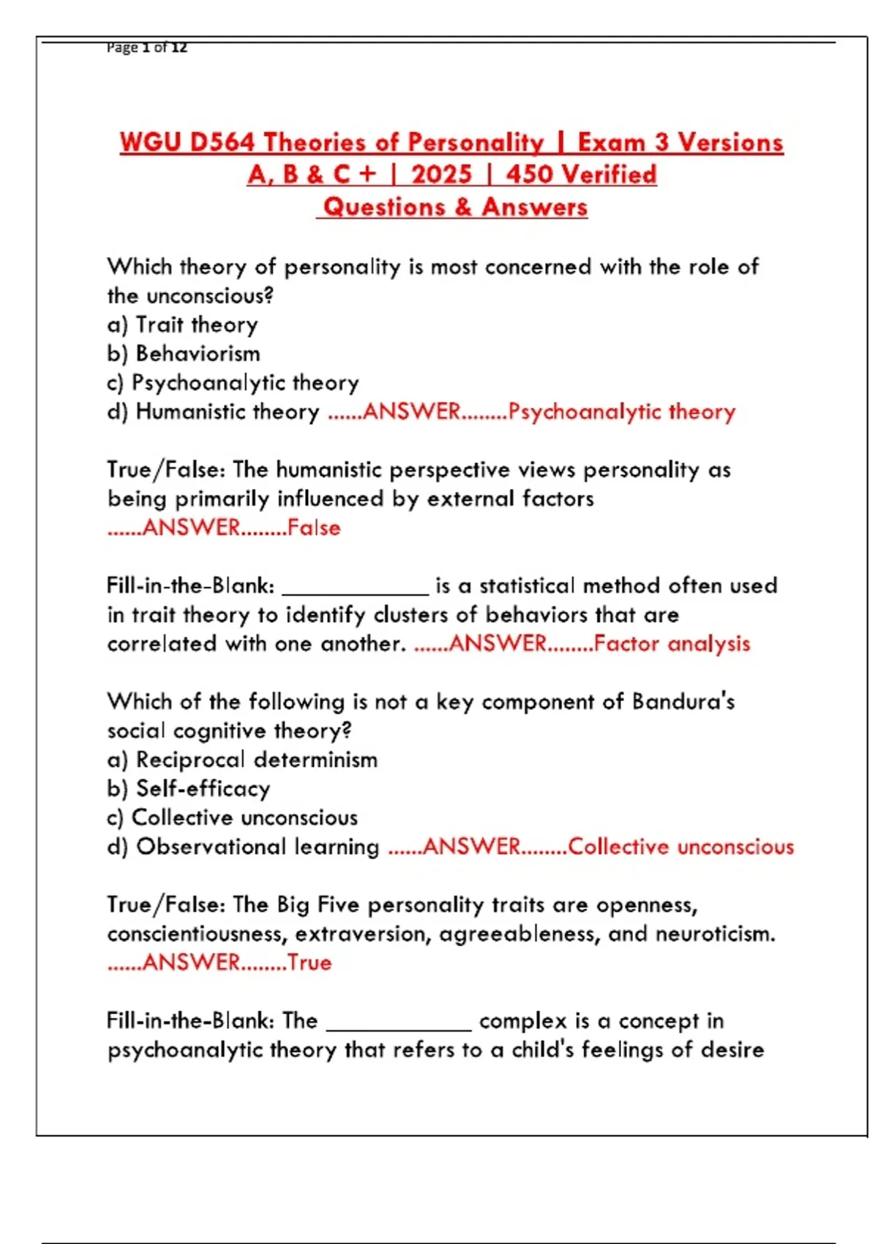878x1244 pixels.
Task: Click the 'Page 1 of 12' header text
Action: [x=146, y=48]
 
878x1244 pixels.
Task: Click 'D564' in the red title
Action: [x=222, y=142]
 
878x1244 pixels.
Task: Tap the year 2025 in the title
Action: [x=441, y=174]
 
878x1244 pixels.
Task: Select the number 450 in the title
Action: [x=530, y=174]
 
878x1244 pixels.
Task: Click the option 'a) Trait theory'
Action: [x=182, y=324]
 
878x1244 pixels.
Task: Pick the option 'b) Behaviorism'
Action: [x=183, y=353]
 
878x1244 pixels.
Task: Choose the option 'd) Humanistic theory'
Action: [x=213, y=411]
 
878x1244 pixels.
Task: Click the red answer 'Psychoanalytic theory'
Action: [x=622, y=411]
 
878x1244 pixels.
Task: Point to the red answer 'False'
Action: [x=314, y=528]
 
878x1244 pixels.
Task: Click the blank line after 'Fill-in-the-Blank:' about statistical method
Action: [x=355, y=589]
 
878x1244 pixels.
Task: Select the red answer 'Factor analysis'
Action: [x=672, y=643]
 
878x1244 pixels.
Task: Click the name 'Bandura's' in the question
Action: [x=683, y=701]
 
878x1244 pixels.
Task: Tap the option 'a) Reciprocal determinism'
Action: [x=242, y=760]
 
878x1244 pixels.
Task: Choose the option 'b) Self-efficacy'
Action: [x=189, y=788]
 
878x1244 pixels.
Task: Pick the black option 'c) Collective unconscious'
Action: [x=232, y=817]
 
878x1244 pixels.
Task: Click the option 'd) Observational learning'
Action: [x=243, y=847]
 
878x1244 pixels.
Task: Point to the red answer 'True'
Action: [x=309, y=962]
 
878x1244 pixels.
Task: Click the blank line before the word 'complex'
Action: [x=399, y=1024]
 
